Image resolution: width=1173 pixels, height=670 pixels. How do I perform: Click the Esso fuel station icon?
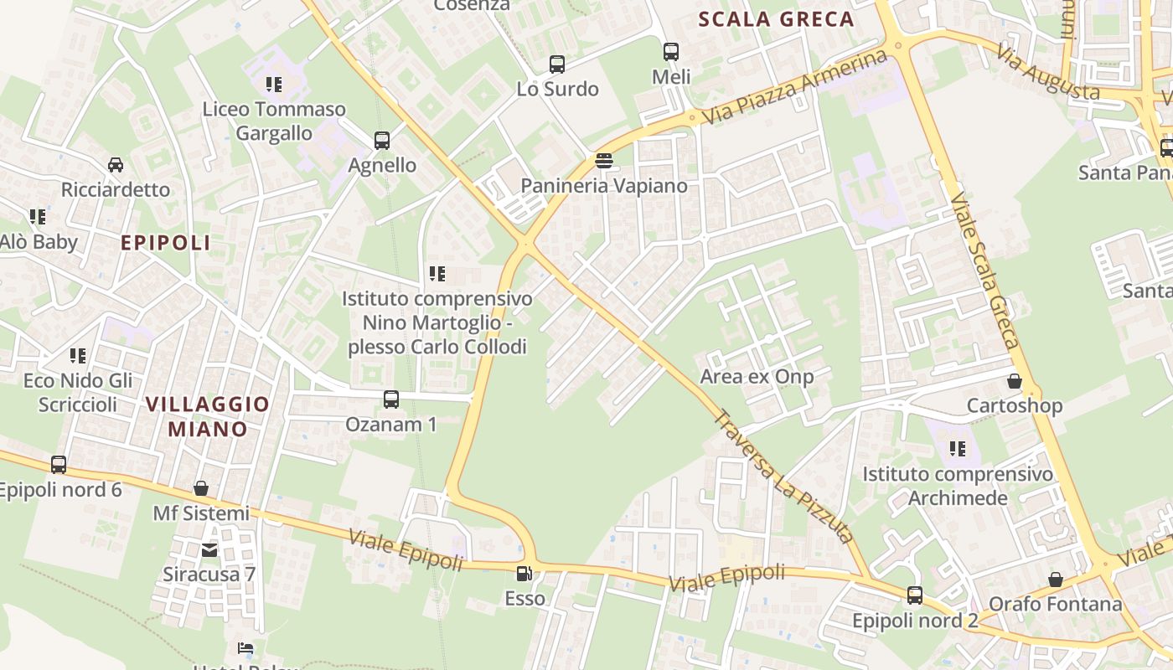[x=524, y=574]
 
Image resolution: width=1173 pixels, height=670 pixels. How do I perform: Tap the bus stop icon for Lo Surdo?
[x=556, y=64]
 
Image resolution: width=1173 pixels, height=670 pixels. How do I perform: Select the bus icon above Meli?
[x=671, y=52]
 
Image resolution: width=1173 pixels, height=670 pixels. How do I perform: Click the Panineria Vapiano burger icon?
[x=603, y=161]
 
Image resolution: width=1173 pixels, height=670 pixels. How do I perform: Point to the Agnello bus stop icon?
[x=382, y=141]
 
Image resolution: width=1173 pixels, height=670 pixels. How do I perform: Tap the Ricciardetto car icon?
[x=116, y=165]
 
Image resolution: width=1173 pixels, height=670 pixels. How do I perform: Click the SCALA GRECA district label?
[x=776, y=19]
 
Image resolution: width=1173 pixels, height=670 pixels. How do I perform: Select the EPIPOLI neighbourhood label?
[x=166, y=243]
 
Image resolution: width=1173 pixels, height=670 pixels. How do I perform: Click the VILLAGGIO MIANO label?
[x=208, y=416]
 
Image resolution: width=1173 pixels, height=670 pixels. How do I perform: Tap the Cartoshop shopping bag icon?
[x=1015, y=381]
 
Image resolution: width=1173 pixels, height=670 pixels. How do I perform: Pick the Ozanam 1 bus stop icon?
[x=391, y=399]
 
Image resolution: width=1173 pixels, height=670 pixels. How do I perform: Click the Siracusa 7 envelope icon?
[x=209, y=550]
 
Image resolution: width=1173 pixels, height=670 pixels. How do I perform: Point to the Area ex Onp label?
[x=757, y=377]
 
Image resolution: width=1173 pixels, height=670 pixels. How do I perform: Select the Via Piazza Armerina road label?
[x=793, y=87]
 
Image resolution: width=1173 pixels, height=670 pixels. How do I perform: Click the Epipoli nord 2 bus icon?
[x=915, y=595]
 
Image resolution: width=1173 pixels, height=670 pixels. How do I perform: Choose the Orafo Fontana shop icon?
[x=1056, y=580]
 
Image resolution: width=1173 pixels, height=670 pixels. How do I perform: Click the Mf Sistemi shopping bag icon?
[x=201, y=488]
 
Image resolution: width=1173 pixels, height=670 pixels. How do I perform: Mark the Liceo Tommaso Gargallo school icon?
[x=274, y=85]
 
